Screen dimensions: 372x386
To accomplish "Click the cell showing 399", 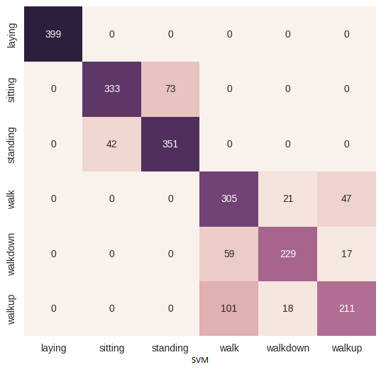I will pos(53,34).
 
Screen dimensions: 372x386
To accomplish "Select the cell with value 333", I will pos(111,89).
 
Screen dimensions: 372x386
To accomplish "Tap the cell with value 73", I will pos(170,89).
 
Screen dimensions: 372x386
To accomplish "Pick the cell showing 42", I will pos(111,144).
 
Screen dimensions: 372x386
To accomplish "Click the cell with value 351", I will pos(170,144).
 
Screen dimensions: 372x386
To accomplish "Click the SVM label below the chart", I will pos(199,361).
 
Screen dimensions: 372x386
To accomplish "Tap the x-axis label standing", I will pos(170,348).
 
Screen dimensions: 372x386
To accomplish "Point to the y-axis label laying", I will pos(12,35).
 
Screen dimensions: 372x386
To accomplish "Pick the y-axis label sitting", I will pos(12,89).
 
